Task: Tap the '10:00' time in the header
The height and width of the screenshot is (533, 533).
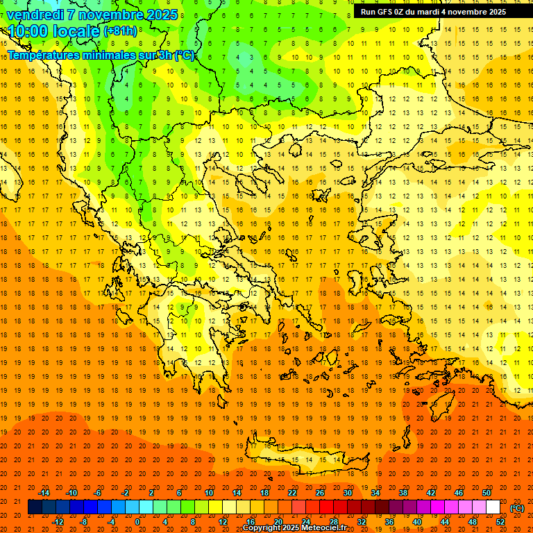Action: point(27,31)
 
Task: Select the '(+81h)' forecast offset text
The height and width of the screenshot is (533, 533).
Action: point(120,31)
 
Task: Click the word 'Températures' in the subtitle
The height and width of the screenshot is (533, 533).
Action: point(42,55)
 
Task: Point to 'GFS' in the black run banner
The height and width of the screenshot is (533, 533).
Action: point(386,12)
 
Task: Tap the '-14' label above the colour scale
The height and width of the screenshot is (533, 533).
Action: point(44,492)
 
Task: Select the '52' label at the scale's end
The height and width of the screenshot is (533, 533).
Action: point(500,522)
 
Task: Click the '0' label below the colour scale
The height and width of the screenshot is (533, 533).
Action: point(137,522)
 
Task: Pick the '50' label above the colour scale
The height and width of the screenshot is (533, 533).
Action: point(487,492)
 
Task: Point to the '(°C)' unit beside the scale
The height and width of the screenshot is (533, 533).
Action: point(517,508)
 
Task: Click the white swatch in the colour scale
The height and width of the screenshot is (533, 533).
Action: point(493,507)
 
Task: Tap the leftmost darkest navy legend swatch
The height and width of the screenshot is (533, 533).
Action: point(35,507)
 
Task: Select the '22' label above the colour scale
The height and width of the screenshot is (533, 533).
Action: point(292,492)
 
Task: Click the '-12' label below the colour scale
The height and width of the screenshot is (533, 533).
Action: point(58,522)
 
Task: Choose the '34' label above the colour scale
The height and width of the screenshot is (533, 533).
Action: point(375,492)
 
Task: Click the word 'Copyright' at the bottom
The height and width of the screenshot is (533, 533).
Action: point(263,528)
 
